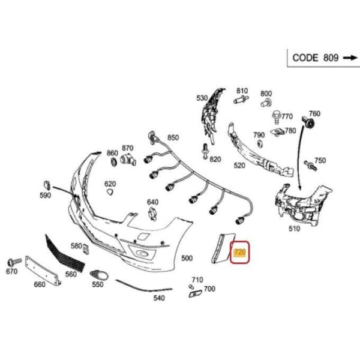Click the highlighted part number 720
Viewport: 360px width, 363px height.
[240, 253]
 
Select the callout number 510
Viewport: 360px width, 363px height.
[294, 229]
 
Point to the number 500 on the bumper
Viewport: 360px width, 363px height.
[187, 258]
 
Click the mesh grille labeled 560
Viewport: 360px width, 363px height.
[66, 252]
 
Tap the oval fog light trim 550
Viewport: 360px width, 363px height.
[97, 275]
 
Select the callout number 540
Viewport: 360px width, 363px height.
[158, 298]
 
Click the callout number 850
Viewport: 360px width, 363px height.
[173, 137]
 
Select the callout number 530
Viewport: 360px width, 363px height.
[202, 98]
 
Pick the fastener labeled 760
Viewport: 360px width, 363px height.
[311, 123]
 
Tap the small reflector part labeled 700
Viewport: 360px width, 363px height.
[196, 292]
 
